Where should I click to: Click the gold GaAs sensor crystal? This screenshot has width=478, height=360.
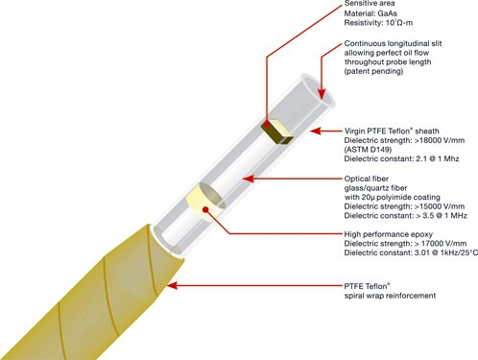[277, 132]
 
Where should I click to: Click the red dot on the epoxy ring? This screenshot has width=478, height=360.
[206, 210]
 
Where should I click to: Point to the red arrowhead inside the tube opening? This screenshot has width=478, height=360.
[322, 93]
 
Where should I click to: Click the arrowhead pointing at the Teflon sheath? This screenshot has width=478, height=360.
[316, 131]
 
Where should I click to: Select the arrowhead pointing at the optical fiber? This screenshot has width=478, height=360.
[249, 179]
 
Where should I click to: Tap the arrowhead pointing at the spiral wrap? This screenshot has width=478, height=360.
[172, 285]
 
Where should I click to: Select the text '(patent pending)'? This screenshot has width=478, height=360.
[373, 71]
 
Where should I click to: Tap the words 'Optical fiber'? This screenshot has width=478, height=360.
[367, 179]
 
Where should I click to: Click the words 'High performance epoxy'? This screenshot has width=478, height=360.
[389, 234]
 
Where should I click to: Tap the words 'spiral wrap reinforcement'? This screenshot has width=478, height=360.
[390, 296]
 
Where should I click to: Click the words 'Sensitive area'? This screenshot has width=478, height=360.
[370, 4]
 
